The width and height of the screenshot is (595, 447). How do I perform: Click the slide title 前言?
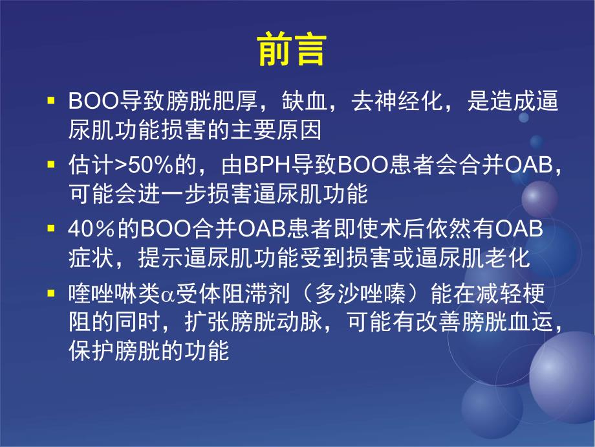291,49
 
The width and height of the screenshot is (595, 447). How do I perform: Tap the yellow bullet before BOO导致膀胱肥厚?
51,103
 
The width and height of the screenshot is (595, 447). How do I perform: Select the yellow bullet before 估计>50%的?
51,165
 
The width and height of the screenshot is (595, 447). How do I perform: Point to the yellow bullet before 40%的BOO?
51,229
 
